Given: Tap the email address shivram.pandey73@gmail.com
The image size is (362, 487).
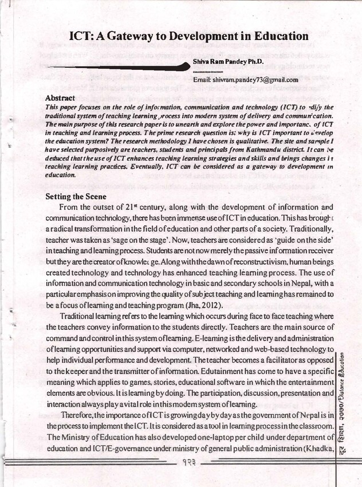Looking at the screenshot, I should point(254,80).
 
